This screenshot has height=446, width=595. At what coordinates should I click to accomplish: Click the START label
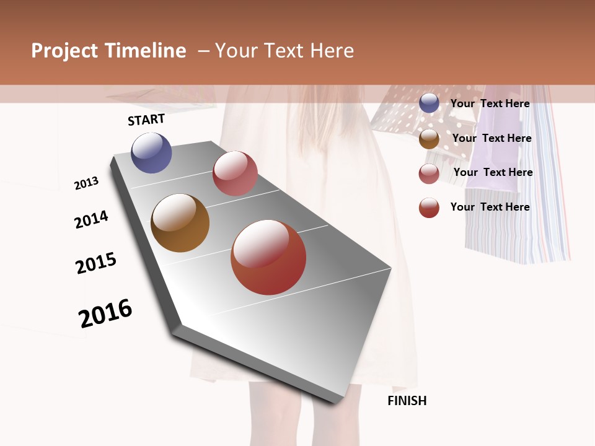pos(146,120)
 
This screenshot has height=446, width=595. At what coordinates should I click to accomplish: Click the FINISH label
pos(407,401)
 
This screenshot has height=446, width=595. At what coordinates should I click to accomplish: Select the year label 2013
pos(87,183)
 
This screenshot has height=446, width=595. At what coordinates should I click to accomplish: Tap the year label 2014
pos(92,219)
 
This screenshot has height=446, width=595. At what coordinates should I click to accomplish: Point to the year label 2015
pos(96,263)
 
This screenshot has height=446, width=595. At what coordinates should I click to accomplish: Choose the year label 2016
pos(106,313)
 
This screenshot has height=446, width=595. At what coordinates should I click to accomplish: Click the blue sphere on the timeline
pos(152,152)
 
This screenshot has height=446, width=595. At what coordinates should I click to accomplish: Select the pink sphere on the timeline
pos(235,173)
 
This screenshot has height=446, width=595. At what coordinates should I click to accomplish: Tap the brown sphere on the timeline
pos(180,223)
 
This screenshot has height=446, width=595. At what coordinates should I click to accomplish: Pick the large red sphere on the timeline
pos(268,257)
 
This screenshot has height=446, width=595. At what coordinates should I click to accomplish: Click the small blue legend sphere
pos(429,103)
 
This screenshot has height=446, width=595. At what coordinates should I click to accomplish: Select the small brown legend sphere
pos(429,139)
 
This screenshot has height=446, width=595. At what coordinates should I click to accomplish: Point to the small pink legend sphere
pos(429,173)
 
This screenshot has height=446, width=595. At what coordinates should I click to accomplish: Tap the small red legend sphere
pos(429,208)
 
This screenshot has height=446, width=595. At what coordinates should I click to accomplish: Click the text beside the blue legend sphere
pos(490,103)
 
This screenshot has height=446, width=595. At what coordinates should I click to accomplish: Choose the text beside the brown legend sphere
pos(492,138)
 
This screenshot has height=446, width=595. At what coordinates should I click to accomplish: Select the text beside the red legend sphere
pos(490,207)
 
